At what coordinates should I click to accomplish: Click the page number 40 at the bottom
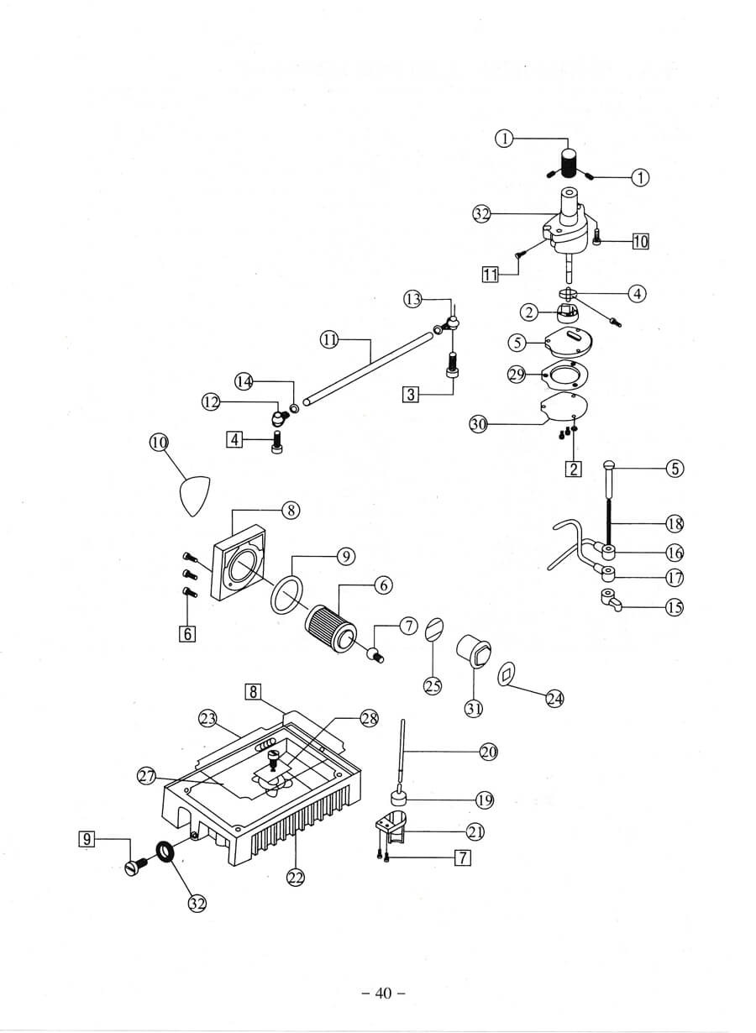pyautogui.click(x=384, y=994)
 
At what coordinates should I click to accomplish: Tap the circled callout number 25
pyautogui.click(x=433, y=686)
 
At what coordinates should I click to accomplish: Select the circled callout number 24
pyautogui.click(x=555, y=698)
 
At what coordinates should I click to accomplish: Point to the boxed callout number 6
pyautogui.click(x=187, y=634)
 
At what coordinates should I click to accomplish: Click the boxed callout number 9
pyautogui.click(x=87, y=837)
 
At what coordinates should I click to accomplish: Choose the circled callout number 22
pyautogui.click(x=295, y=878)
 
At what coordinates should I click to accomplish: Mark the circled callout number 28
pyautogui.click(x=370, y=718)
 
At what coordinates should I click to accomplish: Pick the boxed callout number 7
pyautogui.click(x=461, y=857)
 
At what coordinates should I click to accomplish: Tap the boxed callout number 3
pyautogui.click(x=411, y=394)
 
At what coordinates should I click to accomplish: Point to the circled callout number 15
pyautogui.click(x=675, y=608)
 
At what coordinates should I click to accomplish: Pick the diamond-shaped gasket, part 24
pyautogui.click(x=508, y=675)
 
